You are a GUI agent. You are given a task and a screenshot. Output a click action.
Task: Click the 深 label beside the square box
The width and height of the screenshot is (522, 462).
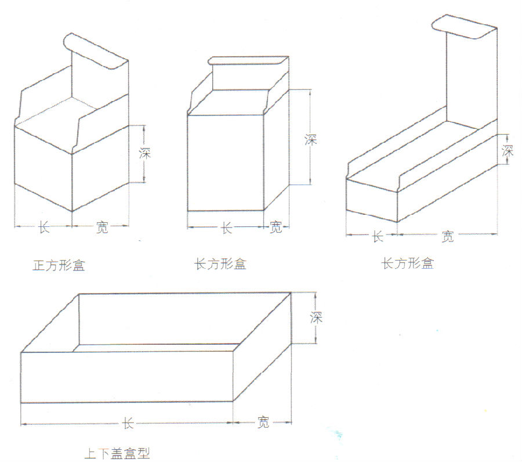click(145, 154)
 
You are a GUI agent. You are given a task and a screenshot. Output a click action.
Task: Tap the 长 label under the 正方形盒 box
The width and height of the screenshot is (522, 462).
click(43, 228)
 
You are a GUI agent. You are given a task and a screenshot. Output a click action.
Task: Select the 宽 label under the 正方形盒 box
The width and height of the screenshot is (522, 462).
click(102, 228)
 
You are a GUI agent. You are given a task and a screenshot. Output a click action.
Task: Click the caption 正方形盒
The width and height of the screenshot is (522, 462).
click(59, 266)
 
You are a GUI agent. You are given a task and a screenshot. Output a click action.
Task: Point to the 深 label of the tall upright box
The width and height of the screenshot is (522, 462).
click(311, 139)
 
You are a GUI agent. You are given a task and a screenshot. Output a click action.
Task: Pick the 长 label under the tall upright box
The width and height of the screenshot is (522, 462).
click(227, 228)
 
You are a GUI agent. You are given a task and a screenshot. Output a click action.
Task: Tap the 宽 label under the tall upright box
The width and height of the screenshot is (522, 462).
click(276, 228)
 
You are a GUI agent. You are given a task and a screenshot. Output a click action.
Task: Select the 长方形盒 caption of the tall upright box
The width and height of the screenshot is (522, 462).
click(220, 264)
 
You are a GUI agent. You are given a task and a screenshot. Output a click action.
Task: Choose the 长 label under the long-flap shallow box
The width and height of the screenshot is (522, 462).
click(378, 236)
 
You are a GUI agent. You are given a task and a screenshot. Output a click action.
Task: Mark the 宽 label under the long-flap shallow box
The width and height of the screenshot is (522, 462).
click(447, 236)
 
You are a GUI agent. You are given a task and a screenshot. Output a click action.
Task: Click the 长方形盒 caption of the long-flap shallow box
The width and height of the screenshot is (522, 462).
click(407, 263)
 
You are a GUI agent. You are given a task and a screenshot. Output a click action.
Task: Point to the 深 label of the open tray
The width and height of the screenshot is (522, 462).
click(316, 317)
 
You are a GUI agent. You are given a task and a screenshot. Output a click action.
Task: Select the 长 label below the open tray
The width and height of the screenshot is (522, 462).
click(128, 424)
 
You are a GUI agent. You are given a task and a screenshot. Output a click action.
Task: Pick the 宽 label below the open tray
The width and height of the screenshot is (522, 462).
click(263, 423)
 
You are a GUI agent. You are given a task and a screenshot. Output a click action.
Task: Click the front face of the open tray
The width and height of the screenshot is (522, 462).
click(127, 377)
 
